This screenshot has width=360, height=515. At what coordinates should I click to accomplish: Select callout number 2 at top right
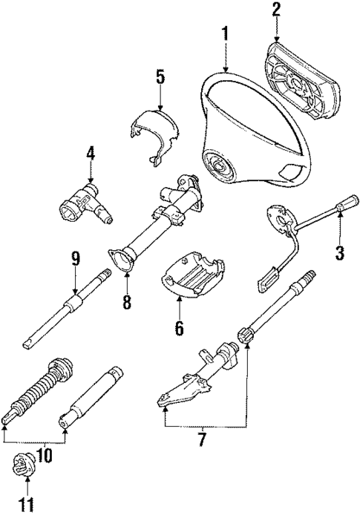(x=275, y=10)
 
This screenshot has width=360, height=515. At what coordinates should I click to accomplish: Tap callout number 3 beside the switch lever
(x=339, y=252)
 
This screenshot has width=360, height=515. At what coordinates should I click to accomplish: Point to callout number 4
(x=90, y=154)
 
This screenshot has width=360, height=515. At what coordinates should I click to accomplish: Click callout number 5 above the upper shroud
(x=160, y=77)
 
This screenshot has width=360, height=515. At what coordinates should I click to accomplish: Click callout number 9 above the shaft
(x=75, y=259)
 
